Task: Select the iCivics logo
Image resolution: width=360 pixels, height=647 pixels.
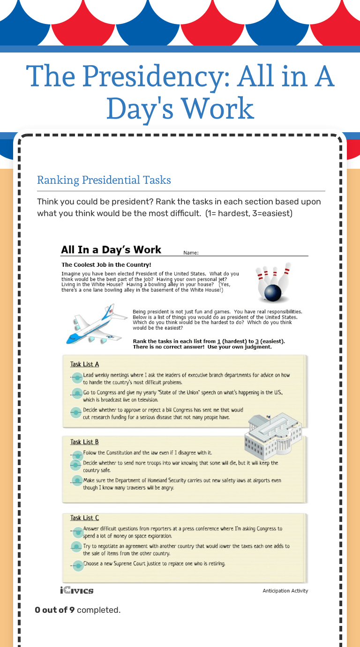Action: [x=77, y=590]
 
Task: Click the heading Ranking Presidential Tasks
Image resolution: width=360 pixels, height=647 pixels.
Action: [x=104, y=180]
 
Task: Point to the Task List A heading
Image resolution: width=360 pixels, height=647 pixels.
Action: [x=84, y=364]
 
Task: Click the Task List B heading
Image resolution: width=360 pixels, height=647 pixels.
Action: [x=84, y=442]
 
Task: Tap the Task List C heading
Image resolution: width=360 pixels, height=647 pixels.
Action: [x=84, y=518]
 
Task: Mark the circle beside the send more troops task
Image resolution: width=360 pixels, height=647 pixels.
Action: [x=76, y=465]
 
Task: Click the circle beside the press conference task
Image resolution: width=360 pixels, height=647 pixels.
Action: [x=77, y=532]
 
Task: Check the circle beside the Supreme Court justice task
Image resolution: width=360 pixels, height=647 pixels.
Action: [x=77, y=565]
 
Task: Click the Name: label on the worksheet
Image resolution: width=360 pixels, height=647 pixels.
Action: [x=191, y=253]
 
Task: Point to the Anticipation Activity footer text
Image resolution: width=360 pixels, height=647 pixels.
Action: [x=285, y=591]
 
